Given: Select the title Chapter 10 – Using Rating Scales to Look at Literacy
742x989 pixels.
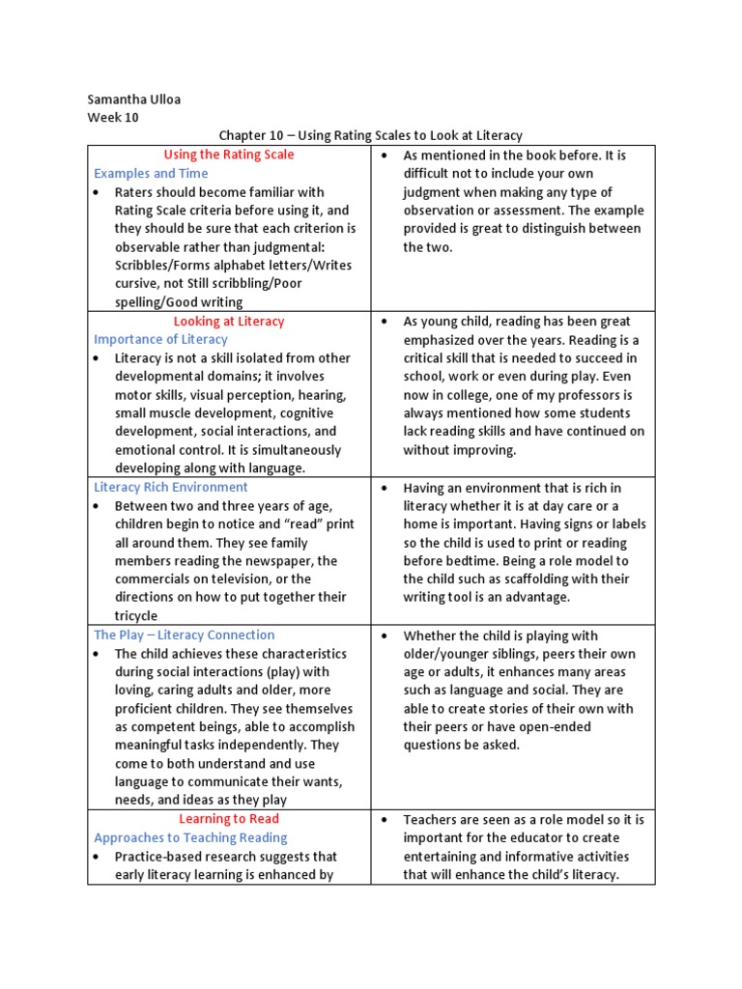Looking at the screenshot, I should pyautogui.click(x=370, y=136).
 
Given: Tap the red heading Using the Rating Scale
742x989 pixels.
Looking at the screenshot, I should pyautogui.click(x=229, y=155).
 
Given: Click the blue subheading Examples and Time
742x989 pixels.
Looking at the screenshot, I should pyautogui.click(x=151, y=173).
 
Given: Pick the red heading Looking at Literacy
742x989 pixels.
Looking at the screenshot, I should pyautogui.click(x=229, y=321).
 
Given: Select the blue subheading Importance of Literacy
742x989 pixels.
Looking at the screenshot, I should pyautogui.click(x=160, y=339).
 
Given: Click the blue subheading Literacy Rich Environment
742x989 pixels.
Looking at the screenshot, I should pyautogui.click(x=170, y=487).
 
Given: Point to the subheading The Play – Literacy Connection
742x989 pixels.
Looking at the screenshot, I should pyautogui.click(x=184, y=635).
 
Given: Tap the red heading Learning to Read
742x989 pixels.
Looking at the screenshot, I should pyautogui.click(x=229, y=819).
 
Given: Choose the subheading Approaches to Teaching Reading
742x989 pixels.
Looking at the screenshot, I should pyautogui.click(x=190, y=837).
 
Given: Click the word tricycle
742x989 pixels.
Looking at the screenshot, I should pyautogui.click(x=136, y=616).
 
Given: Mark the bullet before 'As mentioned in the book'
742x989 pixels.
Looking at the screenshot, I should pyautogui.click(x=385, y=155).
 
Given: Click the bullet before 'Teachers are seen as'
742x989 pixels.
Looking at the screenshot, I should pyautogui.click(x=385, y=820).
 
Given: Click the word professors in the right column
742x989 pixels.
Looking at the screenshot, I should pyautogui.click(x=585, y=395).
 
